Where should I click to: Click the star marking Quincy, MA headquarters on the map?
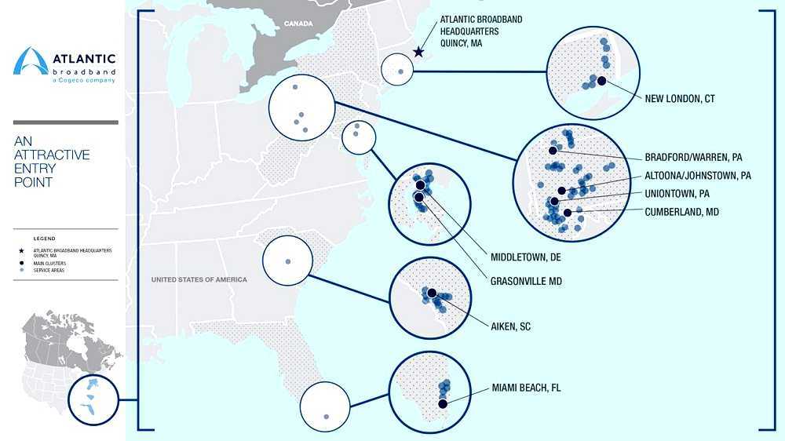click(418, 53)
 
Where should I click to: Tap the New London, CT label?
click(679, 99)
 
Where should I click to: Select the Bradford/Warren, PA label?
click(693, 157)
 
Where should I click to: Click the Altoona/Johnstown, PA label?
click(698, 176)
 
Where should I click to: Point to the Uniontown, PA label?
click(677, 193)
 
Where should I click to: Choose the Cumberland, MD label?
click(681, 212)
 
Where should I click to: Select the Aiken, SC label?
click(511, 326)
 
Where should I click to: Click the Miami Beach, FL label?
click(526, 388)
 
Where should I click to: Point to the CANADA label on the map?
click(298, 24)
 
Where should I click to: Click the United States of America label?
click(199, 279)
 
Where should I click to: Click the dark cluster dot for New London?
click(601, 80)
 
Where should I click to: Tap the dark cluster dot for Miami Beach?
click(443, 403)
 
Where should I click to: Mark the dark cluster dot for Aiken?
click(432, 293)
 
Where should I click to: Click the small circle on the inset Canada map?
click(92, 397)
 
